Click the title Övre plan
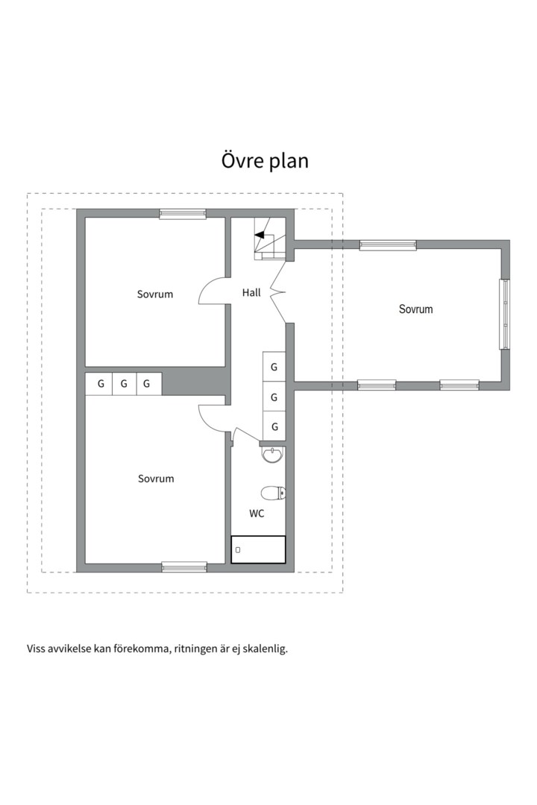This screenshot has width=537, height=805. point(265,160)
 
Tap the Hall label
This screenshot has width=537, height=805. point(251,293)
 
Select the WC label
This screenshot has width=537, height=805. point(257,514)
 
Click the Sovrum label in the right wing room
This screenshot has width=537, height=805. point(415,309)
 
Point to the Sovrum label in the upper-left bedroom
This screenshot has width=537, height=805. point(154,294)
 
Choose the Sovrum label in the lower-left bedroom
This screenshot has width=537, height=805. point(155,479)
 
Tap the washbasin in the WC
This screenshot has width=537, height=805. point(273,454)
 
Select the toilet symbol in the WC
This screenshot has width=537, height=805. point(273,493)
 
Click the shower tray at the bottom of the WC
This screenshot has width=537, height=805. point(258,549)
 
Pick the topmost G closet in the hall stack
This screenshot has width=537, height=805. point(274,367)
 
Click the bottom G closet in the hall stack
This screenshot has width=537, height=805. point(274,426)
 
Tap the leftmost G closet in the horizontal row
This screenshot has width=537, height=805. point(99,384)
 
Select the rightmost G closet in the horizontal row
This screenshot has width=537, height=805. point(148,384)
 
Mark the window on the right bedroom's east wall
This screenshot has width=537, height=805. point(505,314)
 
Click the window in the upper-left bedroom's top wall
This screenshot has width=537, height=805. point(183,214)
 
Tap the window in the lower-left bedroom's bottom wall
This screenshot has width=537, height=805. point(184,567)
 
